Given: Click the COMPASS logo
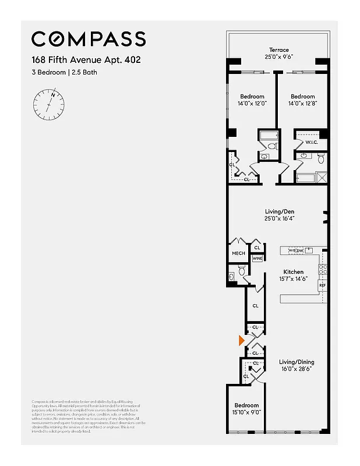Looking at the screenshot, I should tap(89, 39).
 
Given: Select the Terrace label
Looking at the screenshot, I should tap(278, 50).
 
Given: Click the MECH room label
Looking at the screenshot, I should tap(238, 253).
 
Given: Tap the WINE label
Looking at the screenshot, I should tap(257, 258).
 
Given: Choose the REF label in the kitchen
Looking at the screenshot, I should tap(322, 285).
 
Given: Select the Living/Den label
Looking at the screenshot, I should tap(277, 211).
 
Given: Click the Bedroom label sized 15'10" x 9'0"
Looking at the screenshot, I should tap(246, 405).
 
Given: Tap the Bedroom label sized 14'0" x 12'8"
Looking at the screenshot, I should tap(302, 97).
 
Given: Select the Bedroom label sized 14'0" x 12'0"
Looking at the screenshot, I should tap(252, 97).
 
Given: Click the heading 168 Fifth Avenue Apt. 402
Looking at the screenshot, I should tap(86, 60).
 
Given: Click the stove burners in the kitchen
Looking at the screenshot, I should tap(322, 270).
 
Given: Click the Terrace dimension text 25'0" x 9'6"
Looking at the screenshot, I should tap(278, 58).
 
